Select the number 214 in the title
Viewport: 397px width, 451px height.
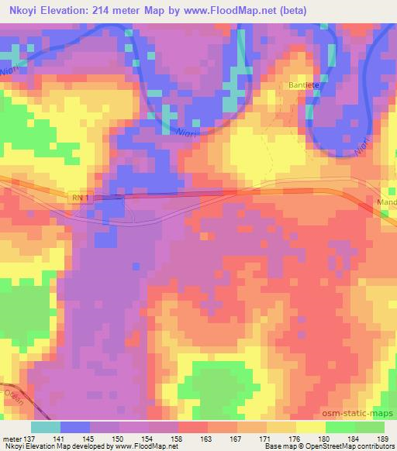point(104,11)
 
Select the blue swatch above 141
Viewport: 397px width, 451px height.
point(74,427)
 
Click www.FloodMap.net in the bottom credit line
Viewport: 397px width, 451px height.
point(147,446)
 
